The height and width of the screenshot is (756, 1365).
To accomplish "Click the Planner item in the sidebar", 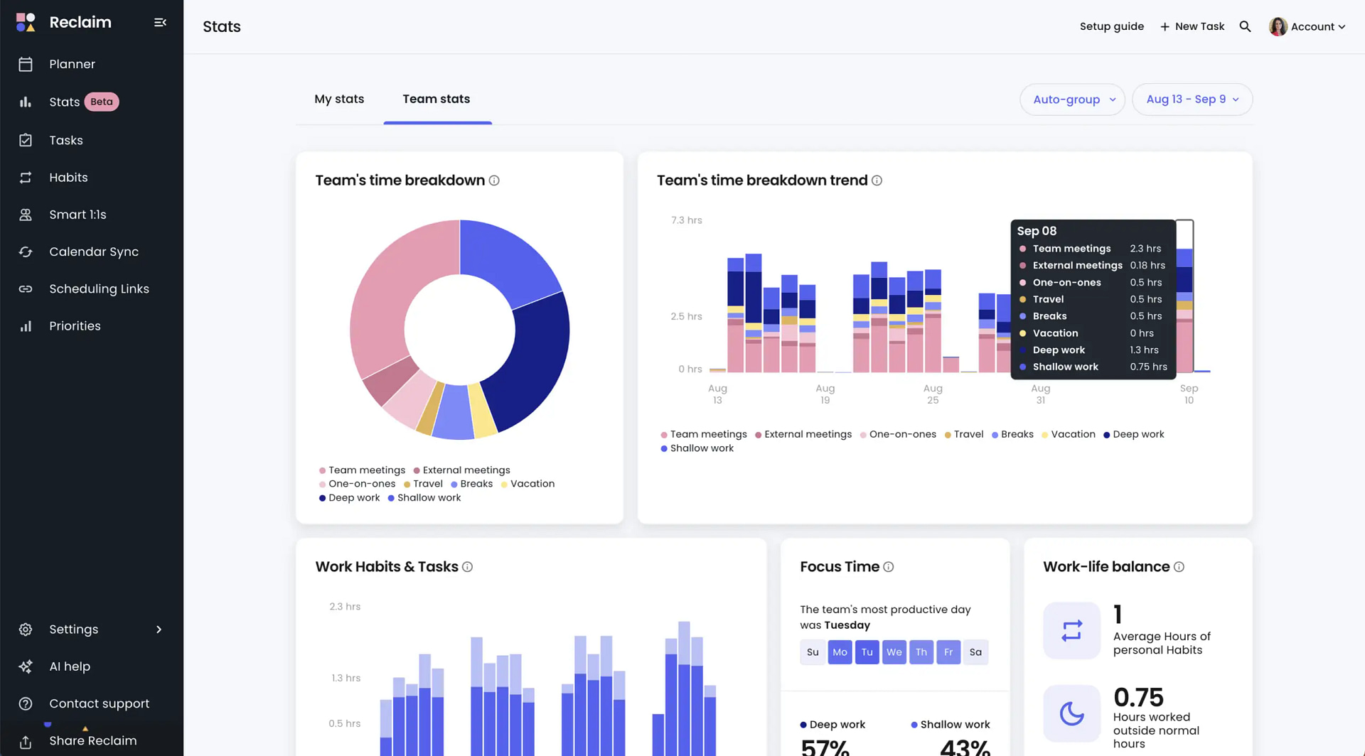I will coord(72,64).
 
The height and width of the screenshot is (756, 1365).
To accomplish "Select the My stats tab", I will coord(339,99).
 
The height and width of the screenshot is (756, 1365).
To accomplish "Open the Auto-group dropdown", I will coord(1073,99).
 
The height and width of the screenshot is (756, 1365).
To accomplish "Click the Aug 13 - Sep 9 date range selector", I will coord(1192,99).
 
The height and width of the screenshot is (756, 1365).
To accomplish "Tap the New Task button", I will coord(1192,26).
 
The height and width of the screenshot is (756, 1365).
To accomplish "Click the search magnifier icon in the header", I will coord(1245,26).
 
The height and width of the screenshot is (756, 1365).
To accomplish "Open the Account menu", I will coord(1307,26).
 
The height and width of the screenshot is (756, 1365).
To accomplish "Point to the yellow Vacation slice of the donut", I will coord(483,411).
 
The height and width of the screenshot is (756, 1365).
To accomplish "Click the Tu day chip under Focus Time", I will coord(867,652).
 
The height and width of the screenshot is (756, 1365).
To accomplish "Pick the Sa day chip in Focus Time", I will coord(975,652).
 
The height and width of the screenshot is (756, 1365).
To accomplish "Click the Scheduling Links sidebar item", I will coord(99,288).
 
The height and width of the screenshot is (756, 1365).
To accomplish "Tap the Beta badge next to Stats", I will coord(102,102).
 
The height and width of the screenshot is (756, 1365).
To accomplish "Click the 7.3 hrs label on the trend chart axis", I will coord(686,220).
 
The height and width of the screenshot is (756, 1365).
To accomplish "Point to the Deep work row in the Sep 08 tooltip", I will coord(1092,350).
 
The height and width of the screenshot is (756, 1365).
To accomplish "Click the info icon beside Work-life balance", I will coord(1179,567).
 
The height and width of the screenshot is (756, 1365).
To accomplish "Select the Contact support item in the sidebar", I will coord(99,703).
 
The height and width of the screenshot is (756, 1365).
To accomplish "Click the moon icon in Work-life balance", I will coord(1071,713).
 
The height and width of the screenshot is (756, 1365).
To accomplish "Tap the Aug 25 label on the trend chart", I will coord(932,394).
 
